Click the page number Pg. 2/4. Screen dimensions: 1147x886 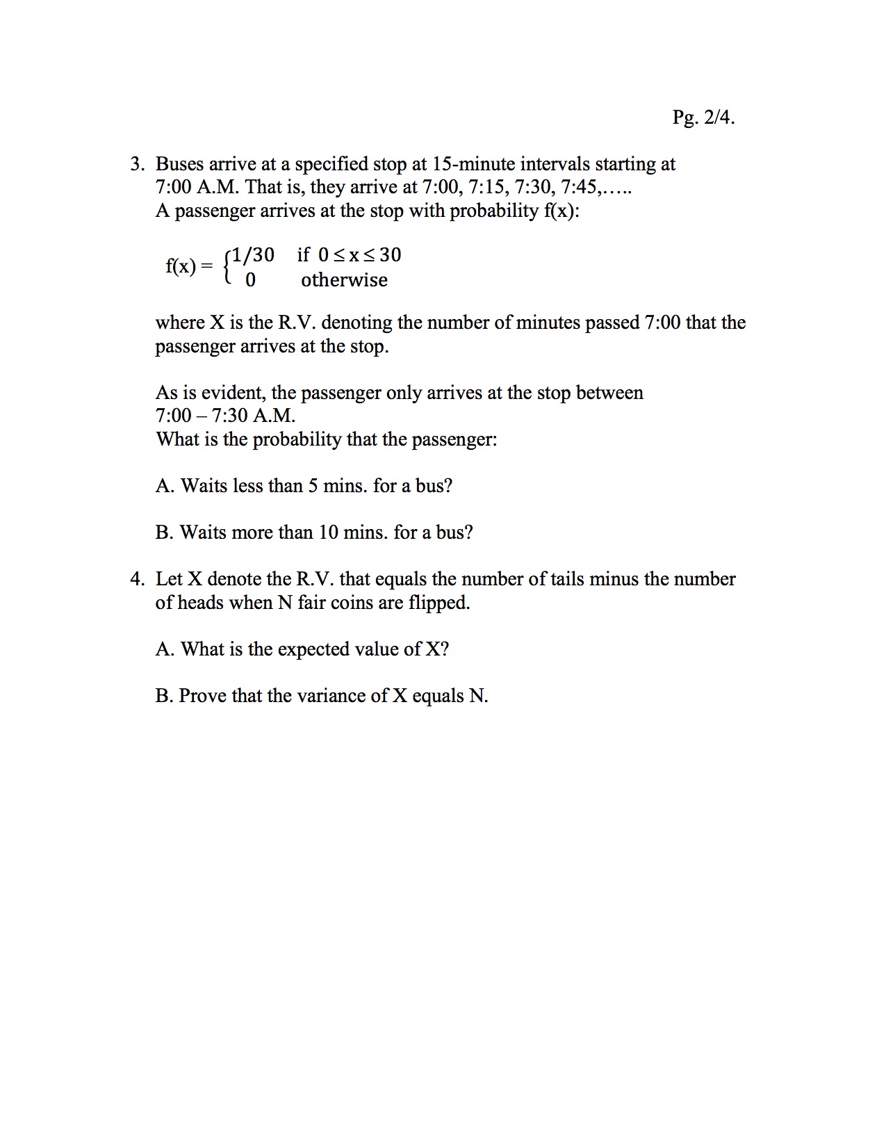point(703,117)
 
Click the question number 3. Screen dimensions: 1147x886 point(137,164)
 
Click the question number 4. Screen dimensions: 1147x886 point(137,579)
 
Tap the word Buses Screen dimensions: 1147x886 point(179,164)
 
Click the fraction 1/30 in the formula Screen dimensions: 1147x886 point(253,255)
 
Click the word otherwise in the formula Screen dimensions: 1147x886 point(344,280)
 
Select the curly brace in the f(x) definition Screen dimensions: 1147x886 point(227,267)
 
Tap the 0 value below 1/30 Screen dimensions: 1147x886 point(250,280)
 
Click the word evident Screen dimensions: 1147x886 point(233,393)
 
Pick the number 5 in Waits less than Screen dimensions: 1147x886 point(313,486)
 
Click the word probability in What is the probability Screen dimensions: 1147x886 point(296,439)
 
